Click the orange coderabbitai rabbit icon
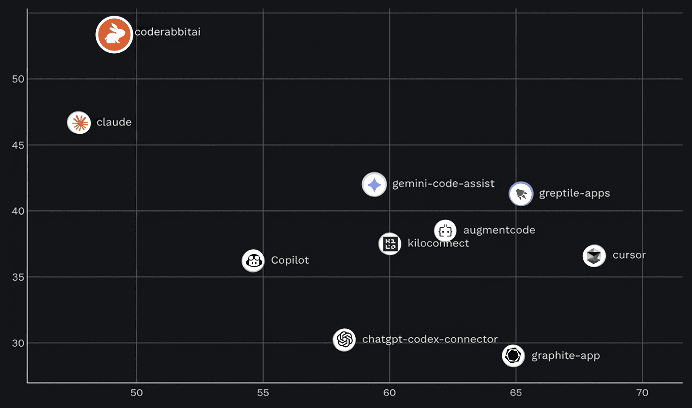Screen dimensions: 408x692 pos(114,34)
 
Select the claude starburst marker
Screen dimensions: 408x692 pos(79,123)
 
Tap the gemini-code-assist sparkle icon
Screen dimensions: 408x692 pos(374,184)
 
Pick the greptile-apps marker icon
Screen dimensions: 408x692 pos(521,194)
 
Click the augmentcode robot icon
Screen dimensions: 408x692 pos(445,231)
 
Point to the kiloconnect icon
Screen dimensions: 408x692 pos(390,244)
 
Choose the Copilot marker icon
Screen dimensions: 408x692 pos(253,260)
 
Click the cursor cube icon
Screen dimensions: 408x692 pos(594,256)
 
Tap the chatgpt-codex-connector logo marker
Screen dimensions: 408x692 pos(344,340)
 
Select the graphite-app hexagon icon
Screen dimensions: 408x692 pos(513,356)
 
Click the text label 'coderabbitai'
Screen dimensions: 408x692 pos(168,32)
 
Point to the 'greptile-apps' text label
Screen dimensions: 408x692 pos(574,193)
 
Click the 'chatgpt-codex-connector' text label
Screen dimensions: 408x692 pos(430,340)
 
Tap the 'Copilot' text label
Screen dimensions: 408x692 pos(290,260)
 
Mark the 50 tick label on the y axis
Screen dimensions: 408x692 pos(18,79)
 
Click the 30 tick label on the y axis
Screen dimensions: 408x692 pos(18,343)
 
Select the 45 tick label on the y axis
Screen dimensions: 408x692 pos(18,145)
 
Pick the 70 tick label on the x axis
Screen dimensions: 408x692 pos(642,393)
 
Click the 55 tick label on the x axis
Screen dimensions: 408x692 pos(263,393)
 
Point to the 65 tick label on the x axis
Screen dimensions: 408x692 pos(516,393)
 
